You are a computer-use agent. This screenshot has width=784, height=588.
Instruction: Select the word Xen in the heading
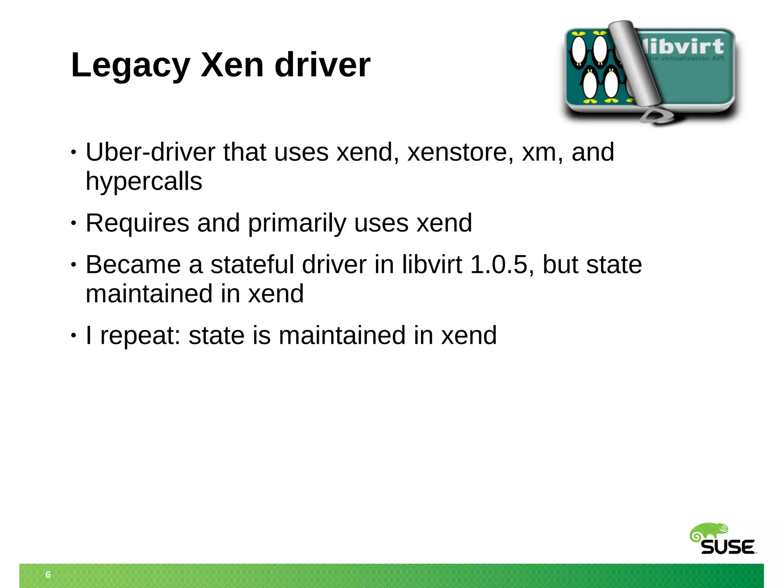232,65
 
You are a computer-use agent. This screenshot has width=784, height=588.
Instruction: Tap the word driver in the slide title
322,65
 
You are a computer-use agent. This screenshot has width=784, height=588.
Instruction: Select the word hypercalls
144,181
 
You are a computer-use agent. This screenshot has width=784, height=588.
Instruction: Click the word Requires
137,223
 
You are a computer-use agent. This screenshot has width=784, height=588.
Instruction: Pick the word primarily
297,223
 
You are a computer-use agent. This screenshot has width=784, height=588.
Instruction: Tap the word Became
133,265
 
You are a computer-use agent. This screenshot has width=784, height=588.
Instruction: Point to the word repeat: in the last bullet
140,336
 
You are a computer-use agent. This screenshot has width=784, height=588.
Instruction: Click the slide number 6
48,575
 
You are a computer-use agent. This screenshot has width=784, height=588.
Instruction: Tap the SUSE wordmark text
728,547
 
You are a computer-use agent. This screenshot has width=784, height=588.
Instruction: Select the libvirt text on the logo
685,47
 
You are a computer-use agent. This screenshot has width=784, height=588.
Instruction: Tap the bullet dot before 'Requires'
73,224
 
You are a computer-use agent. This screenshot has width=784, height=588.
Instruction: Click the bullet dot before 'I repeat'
73,336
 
